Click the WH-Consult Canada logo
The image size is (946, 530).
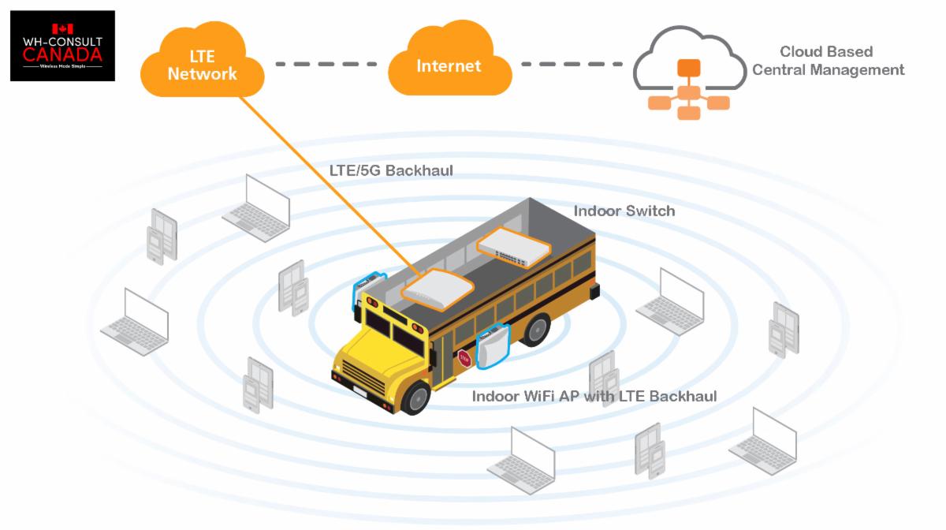coord(62,46)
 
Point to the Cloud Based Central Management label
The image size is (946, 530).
coord(827,61)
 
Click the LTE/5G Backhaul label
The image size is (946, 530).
coord(391,170)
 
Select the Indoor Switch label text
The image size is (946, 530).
coord(624,211)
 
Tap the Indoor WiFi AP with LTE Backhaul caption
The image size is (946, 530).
coord(594,396)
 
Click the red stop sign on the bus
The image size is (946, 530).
coord(464,358)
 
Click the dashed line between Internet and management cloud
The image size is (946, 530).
coord(570,63)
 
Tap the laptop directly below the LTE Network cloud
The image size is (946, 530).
coord(257,203)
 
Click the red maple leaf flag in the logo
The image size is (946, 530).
coord(62,28)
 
